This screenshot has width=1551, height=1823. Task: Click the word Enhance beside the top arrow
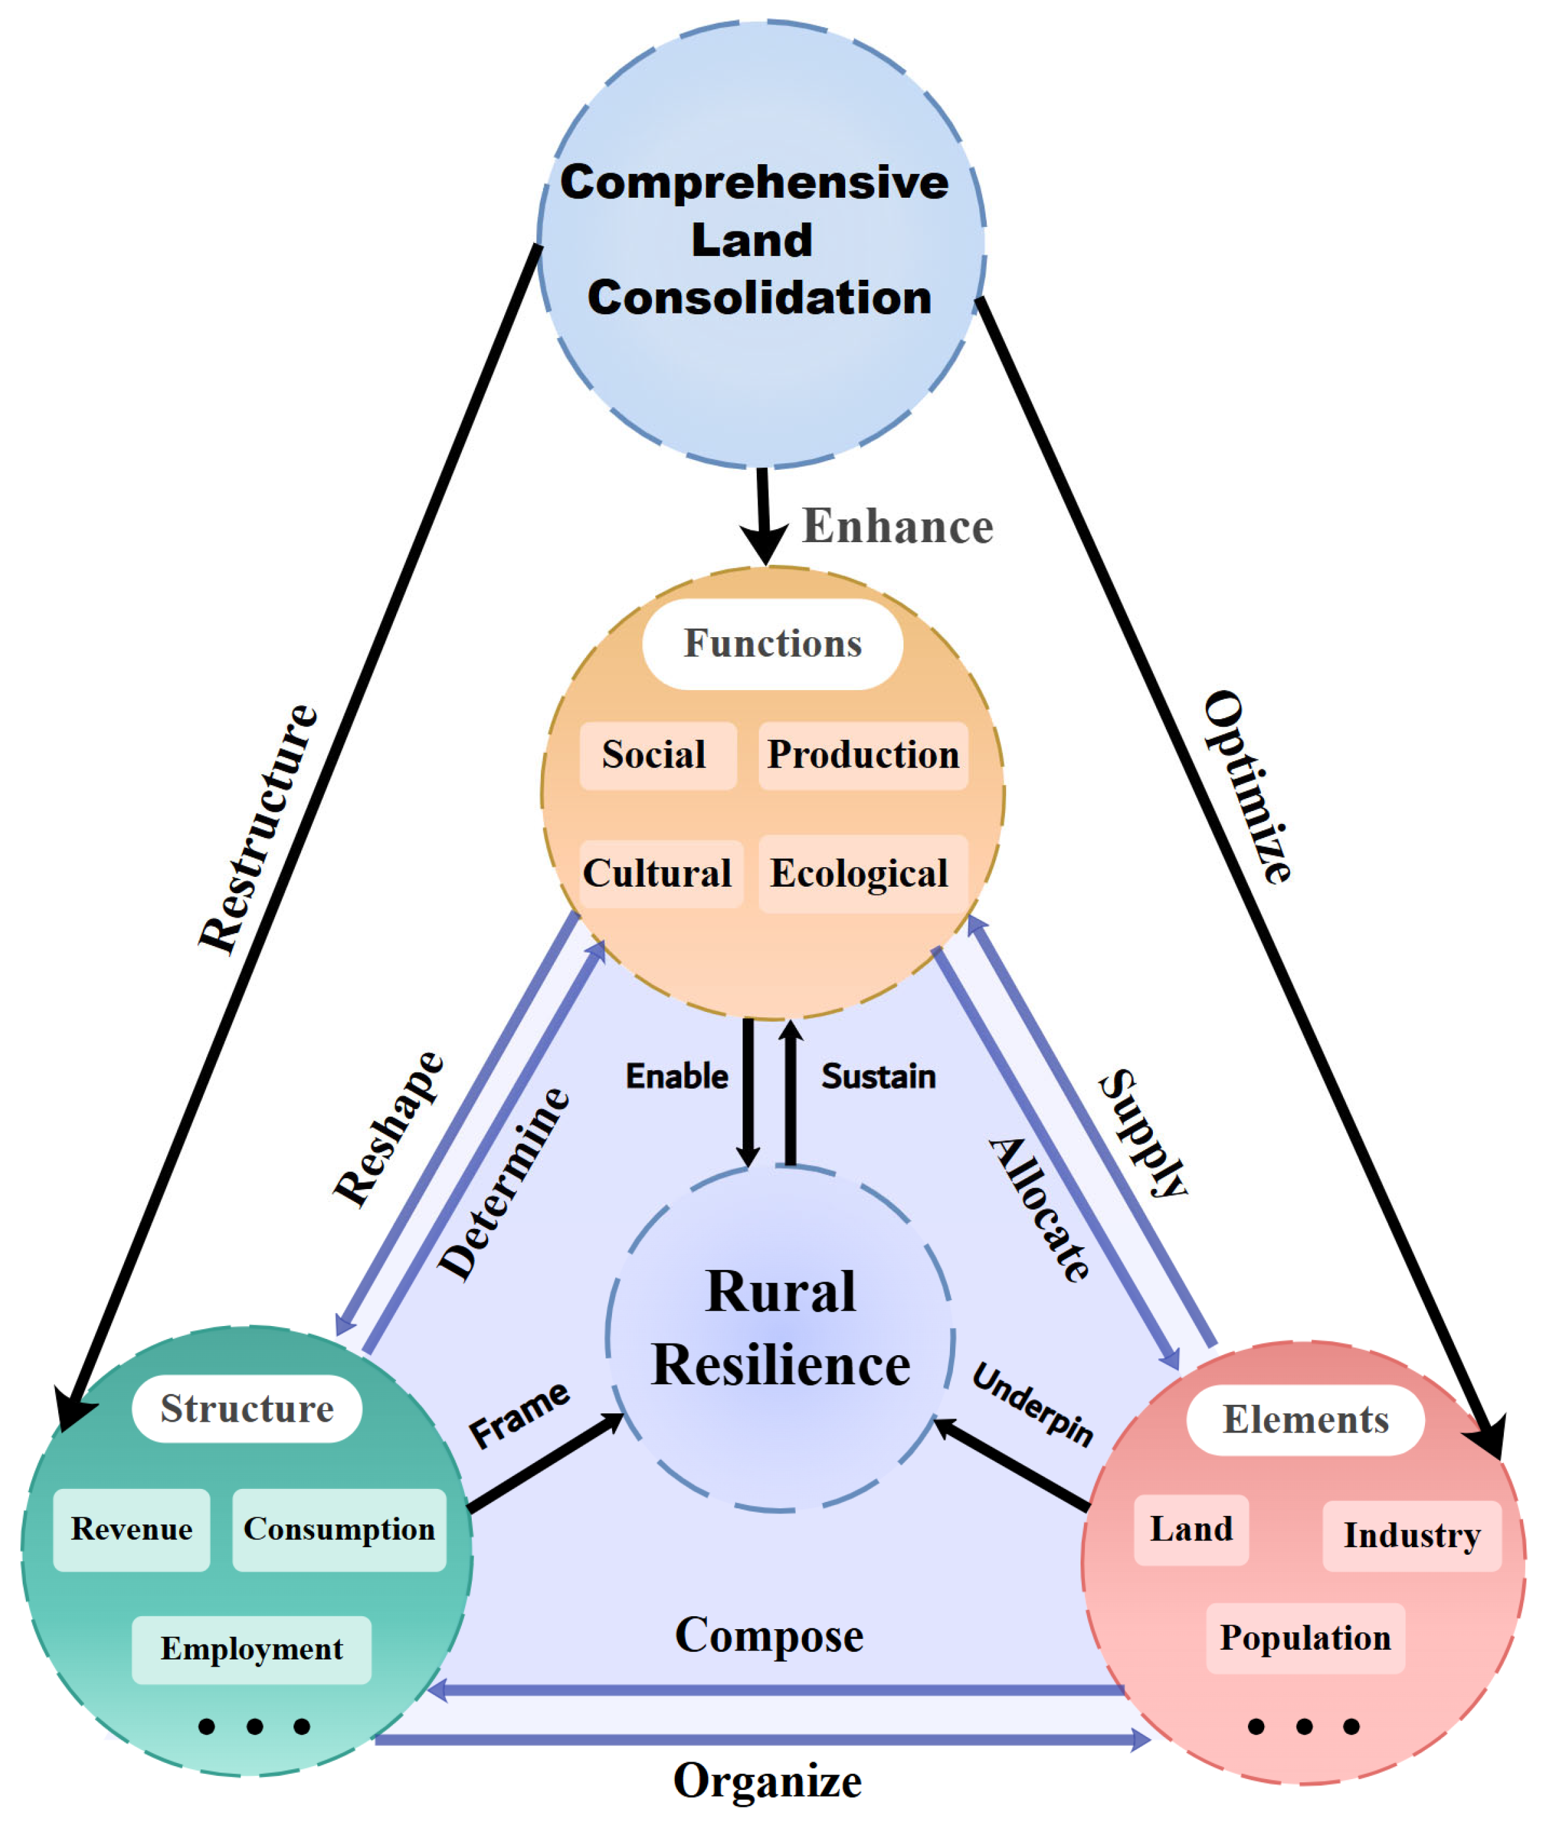898,527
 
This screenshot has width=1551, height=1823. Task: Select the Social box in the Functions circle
658,755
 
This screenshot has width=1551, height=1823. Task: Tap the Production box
863,755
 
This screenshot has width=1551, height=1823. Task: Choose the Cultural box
661,874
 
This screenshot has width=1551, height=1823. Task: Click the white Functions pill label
772,644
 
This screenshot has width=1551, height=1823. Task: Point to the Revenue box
132,1530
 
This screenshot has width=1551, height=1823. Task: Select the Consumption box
339,1530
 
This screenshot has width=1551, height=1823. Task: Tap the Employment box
251,1650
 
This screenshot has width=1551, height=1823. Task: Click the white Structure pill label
247,1409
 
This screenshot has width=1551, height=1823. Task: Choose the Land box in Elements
1192,1530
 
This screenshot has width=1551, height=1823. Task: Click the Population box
1305,1638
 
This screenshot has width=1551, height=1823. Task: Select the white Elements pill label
1305,1420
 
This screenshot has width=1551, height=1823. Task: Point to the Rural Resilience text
781,1329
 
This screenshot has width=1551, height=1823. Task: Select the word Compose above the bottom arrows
769,1636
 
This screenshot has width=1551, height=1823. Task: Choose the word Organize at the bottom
768,1781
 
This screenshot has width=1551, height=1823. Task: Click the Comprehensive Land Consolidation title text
755,239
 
